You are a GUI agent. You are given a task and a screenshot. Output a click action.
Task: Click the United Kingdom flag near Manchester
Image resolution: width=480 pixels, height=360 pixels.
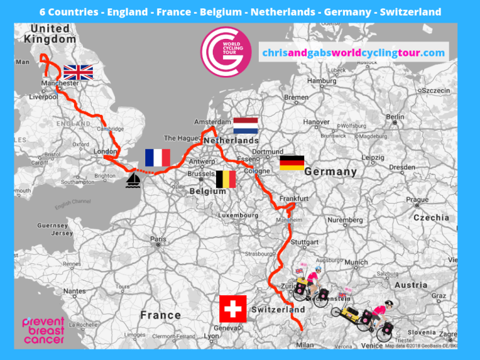pyautogui.click(x=78, y=72)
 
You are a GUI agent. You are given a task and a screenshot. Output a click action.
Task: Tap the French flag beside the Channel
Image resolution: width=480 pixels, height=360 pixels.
pyautogui.click(x=158, y=158)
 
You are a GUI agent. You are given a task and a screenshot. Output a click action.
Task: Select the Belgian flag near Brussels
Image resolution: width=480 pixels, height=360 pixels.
pyautogui.click(x=226, y=179)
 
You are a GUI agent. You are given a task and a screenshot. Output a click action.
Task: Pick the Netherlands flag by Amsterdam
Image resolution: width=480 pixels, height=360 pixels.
pyautogui.click(x=246, y=125)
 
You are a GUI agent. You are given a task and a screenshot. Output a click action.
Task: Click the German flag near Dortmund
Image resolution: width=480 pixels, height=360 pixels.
pyautogui.click(x=292, y=163)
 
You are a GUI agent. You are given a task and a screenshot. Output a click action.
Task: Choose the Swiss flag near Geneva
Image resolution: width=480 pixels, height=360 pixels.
pyautogui.click(x=233, y=309)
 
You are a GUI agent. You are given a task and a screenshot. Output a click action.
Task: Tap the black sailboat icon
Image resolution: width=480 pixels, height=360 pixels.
pyautogui.click(x=134, y=180)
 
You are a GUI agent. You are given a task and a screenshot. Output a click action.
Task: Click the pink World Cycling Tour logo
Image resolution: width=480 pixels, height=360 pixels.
pyautogui.click(x=226, y=52)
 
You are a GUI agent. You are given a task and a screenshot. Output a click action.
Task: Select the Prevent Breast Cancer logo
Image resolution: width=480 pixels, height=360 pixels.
pyautogui.click(x=43, y=330)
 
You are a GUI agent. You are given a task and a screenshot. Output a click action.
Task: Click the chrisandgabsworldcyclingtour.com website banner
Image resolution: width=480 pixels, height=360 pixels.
pyautogui.click(x=354, y=53)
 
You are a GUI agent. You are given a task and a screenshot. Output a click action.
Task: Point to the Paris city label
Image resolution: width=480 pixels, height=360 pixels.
pyautogui.click(x=158, y=239)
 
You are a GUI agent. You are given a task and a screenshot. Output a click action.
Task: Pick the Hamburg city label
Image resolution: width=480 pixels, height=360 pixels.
pyautogui.click(x=322, y=81)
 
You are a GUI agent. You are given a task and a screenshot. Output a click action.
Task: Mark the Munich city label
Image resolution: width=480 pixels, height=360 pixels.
pyautogui.click(x=356, y=262)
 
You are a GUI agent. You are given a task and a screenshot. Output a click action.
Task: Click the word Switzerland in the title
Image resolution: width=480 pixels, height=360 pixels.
pyautogui.click(x=410, y=12)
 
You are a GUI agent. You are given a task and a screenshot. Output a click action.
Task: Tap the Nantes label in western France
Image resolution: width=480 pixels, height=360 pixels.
pyautogui.click(x=75, y=291)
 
